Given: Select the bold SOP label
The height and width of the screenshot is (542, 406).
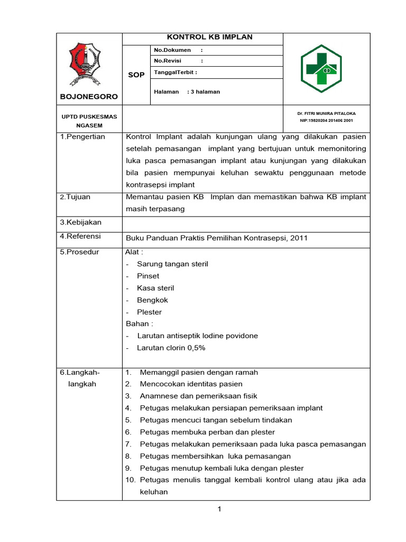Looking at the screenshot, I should pyautogui.click(x=136, y=75).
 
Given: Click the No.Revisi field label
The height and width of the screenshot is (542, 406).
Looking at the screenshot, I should pyautogui.click(x=168, y=61).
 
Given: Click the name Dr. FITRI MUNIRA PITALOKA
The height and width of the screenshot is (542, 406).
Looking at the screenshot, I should pyautogui.click(x=327, y=114).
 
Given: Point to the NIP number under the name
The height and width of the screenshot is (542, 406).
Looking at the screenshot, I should pyautogui.click(x=327, y=121).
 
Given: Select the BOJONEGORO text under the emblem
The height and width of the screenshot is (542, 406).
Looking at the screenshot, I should pyautogui.click(x=89, y=97).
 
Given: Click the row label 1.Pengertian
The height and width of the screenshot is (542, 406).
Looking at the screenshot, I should pyautogui.click(x=82, y=137).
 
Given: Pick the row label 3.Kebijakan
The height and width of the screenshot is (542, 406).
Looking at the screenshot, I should pyautogui.click(x=80, y=222).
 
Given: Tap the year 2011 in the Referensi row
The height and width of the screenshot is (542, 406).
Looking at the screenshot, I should pyautogui.click(x=298, y=238).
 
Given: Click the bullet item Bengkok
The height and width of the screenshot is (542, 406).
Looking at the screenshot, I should pyautogui.click(x=152, y=300).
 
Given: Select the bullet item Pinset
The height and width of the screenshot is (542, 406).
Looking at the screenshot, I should pyautogui.click(x=148, y=276).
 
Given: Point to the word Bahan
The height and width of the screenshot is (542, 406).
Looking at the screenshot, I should pyautogui.click(x=136, y=323).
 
